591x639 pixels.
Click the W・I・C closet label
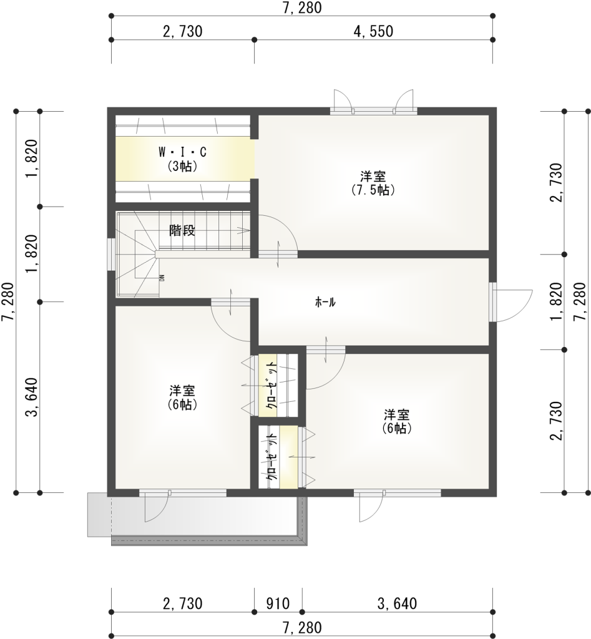[x=183, y=152]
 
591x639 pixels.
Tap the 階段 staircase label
[x=183, y=231]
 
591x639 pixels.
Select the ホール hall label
[x=325, y=302]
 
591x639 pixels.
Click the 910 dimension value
[x=278, y=603]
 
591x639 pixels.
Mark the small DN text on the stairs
[x=161, y=278]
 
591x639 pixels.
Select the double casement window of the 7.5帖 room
[x=373, y=110]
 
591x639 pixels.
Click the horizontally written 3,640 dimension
[x=397, y=603]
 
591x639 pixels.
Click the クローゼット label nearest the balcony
[x=271, y=456]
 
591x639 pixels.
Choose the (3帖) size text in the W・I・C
[x=183, y=166]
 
